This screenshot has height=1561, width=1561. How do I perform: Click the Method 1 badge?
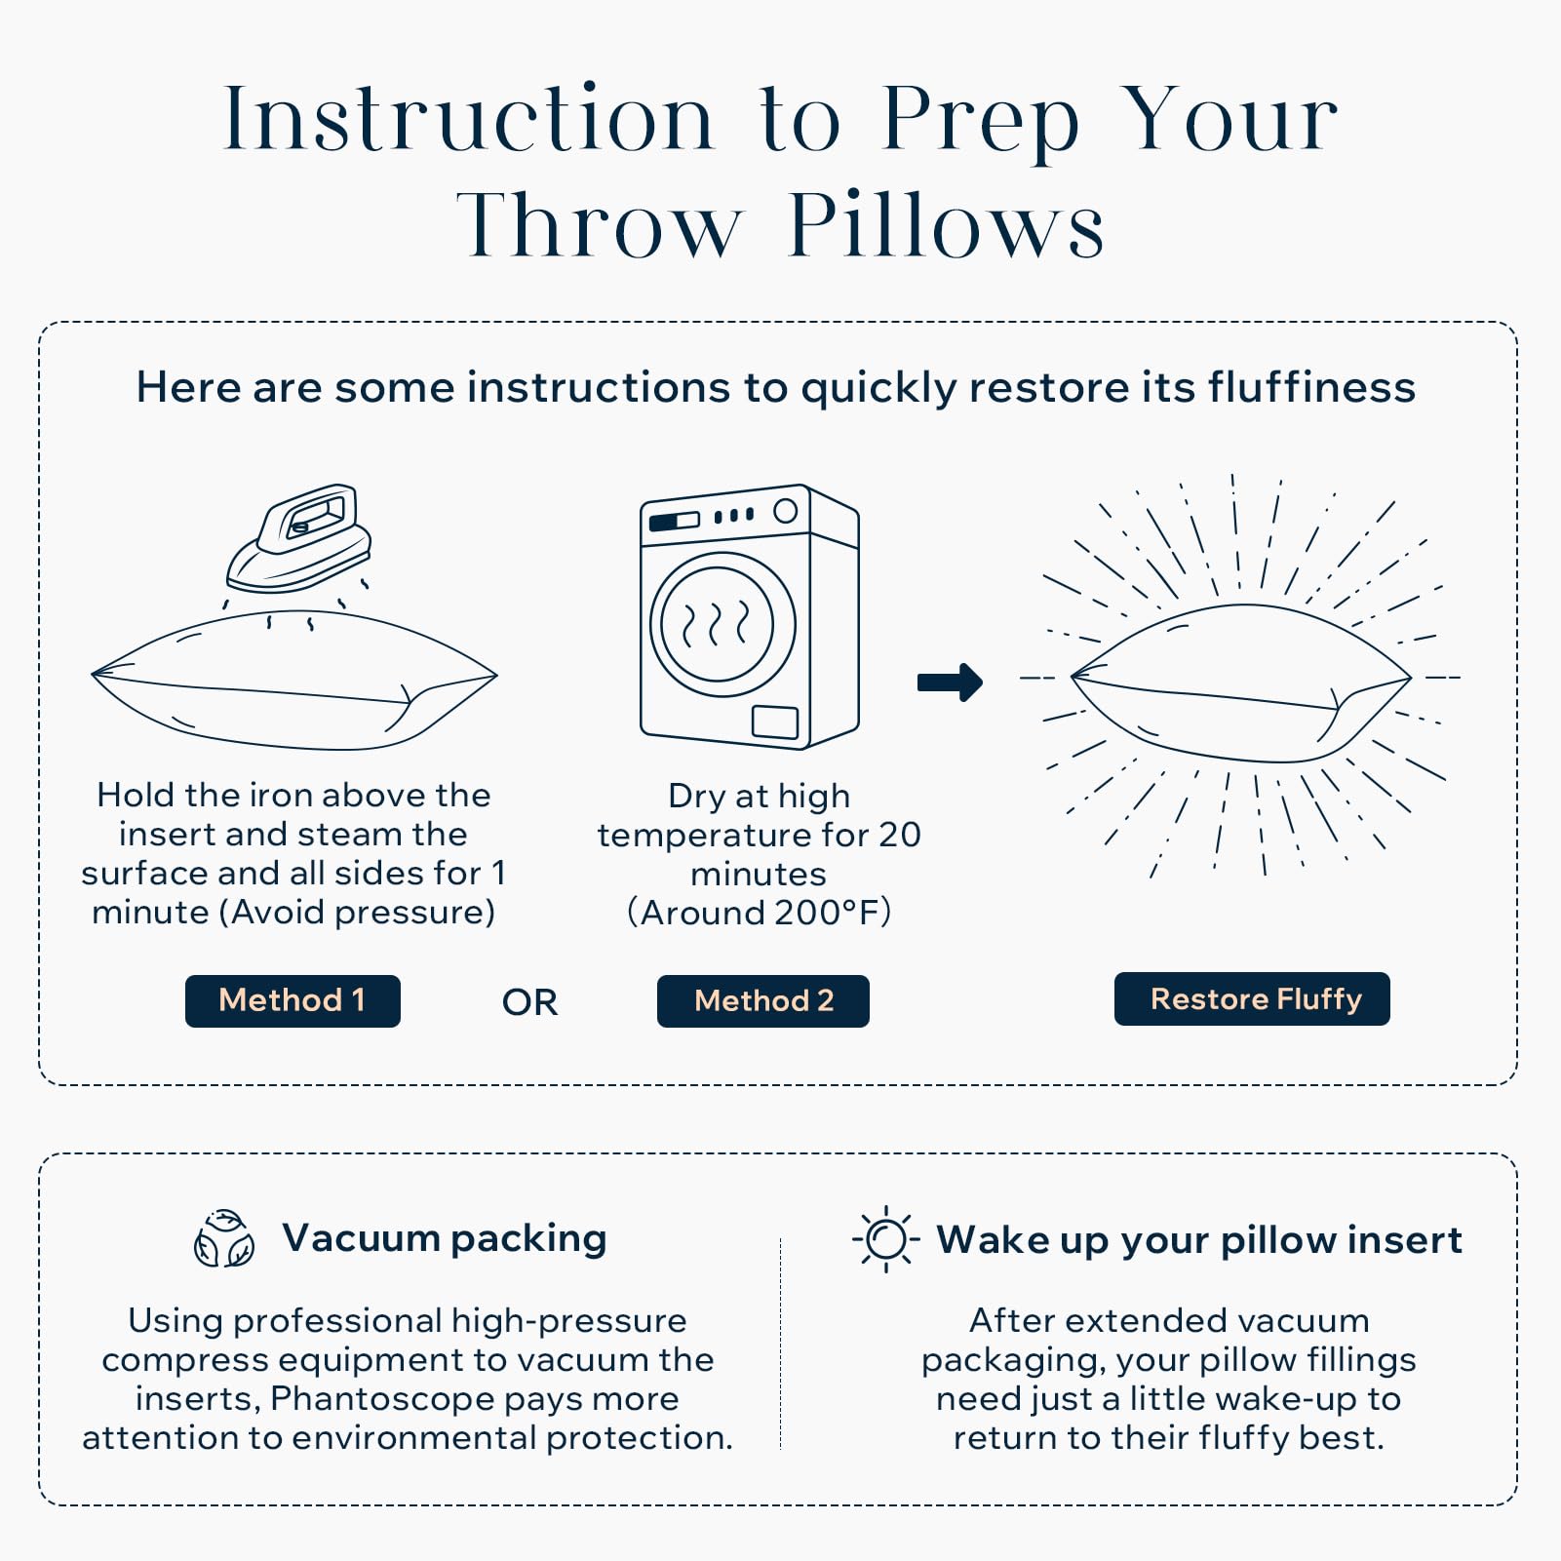293,1000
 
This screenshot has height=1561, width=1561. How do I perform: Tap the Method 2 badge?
762,1000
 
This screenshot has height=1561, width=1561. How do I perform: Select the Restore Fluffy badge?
1252,998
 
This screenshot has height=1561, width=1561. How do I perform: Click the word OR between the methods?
529,1002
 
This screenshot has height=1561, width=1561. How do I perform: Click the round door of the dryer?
722,624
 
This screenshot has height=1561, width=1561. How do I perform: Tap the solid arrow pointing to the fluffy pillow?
950,682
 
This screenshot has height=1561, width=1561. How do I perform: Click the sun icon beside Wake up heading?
886,1239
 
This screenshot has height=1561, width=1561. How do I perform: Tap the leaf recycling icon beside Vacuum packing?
224,1240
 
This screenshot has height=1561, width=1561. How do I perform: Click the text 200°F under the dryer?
827,913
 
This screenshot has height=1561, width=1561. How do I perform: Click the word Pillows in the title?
946,226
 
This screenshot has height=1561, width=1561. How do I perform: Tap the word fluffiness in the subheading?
1311,387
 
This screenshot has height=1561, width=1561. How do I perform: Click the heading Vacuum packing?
444,1238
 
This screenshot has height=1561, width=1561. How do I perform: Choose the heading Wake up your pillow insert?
1198,1240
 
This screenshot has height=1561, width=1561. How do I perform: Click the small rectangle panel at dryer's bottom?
775,722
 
